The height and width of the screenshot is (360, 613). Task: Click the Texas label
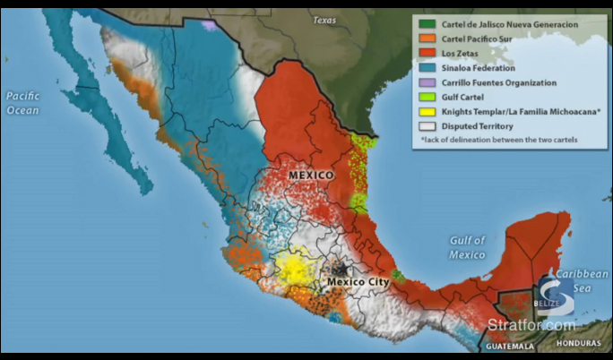pos(324,19)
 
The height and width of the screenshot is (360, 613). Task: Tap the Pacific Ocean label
pos(22,102)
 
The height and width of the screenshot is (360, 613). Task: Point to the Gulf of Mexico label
pos(467,247)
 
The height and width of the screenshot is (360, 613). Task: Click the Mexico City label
pos(358,282)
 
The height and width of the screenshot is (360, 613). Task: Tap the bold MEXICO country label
pos(311,176)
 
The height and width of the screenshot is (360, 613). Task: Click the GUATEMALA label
pos(508,345)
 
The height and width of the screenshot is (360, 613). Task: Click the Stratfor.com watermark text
pos(531,324)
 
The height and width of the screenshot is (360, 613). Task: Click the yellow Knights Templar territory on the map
pos(292,268)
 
